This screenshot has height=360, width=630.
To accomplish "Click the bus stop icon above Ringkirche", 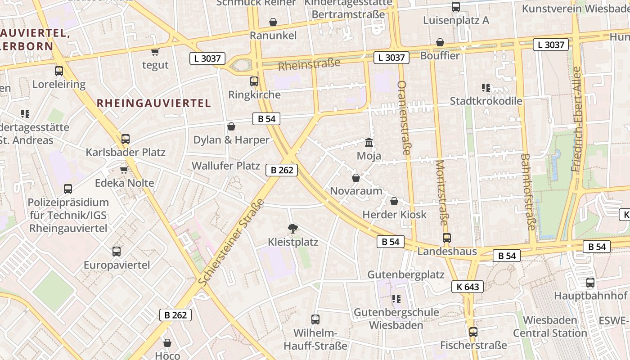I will tap(254, 81).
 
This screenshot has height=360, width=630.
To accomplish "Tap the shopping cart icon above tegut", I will tap(155, 52).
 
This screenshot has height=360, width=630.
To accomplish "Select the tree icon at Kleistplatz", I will tap(293, 229).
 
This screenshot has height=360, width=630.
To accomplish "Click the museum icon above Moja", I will tap(369, 143).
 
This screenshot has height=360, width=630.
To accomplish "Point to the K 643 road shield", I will tap(468, 287).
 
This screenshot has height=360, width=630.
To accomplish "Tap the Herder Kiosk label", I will tap(394, 215).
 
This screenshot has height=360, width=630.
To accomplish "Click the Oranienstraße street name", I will tap(403, 118).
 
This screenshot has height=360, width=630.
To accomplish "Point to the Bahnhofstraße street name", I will tap(527, 192).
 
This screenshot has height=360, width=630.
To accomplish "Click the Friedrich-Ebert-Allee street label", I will tap(576, 119).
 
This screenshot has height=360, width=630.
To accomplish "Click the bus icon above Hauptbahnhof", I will tap(590, 283).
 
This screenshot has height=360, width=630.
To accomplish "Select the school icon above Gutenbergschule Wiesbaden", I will tap(396, 299).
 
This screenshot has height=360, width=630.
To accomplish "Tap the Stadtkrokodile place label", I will tap(486, 101).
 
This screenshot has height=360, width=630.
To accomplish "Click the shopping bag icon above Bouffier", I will tap(440, 42).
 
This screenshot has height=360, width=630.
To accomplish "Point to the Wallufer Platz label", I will tap(226, 166).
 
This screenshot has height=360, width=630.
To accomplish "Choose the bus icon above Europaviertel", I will tap(117, 252).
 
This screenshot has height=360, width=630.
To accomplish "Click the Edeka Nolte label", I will tap(125, 183).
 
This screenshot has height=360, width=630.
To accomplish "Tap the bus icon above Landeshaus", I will tap(446, 238).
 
